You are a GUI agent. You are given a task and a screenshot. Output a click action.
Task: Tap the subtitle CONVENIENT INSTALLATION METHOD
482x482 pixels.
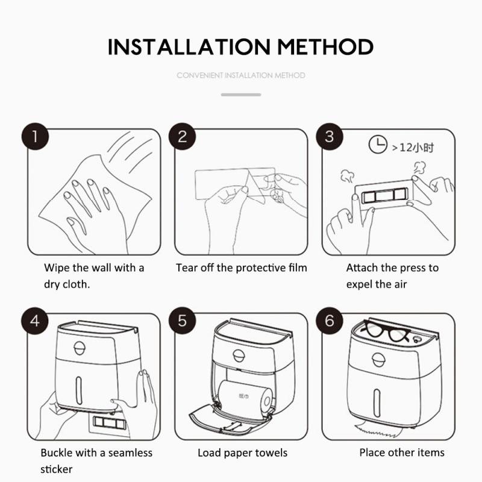point(241,75)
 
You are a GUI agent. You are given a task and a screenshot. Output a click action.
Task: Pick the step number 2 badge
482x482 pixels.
point(182,136)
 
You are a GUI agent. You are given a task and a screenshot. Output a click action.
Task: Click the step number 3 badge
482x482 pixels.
point(329,136)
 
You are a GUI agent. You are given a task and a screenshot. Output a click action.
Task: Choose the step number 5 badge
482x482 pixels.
point(182,321)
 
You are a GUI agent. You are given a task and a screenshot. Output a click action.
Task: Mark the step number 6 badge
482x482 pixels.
point(329,321)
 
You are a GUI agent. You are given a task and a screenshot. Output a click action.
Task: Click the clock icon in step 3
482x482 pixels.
point(378,145)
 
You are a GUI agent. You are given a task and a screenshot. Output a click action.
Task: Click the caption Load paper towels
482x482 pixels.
point(242,452)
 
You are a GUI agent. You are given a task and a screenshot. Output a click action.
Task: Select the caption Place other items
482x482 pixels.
point(402,452)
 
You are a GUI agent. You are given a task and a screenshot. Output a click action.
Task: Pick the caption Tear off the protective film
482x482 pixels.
point(241,268)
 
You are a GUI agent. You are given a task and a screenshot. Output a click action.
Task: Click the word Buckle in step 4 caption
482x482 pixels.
point(58,452)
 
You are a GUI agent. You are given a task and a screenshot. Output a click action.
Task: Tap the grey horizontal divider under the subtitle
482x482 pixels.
point(241,95)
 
